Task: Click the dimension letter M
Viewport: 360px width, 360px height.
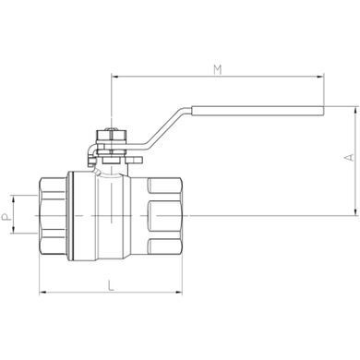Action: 218,70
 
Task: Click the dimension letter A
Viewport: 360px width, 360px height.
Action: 349,158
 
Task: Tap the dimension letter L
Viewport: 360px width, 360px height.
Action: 112,285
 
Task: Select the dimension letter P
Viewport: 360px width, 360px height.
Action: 6,218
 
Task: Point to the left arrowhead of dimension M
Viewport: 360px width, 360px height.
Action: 114,77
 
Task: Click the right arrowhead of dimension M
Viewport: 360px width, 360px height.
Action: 320,77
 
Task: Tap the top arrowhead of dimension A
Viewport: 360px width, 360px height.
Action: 356,111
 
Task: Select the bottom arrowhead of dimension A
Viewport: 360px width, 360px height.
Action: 356,211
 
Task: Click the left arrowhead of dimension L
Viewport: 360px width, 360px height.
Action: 43,292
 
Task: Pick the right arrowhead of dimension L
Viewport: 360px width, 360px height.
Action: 179,292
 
